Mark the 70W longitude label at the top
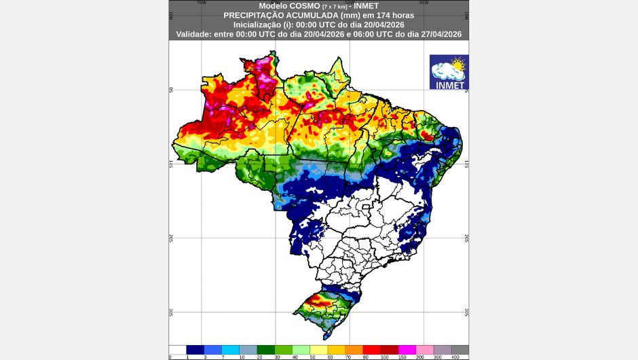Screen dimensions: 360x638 201,2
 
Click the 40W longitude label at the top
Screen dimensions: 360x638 424,2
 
